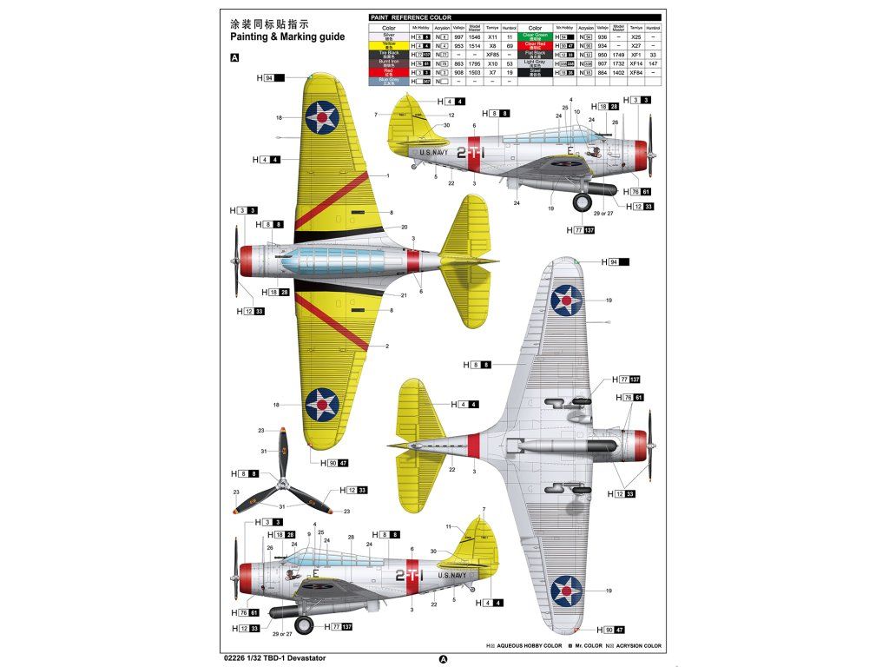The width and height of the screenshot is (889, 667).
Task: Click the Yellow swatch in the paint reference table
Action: tap(389, 45)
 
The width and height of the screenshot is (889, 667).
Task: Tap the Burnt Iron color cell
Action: tap(389, 63)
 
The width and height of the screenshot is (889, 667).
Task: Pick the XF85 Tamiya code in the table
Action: tap(491, 55)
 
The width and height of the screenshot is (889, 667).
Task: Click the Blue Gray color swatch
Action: tap(389, 82)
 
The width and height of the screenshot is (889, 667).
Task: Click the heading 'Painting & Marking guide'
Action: tap(287, 37)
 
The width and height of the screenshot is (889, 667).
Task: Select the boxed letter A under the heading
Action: tap(234, 58)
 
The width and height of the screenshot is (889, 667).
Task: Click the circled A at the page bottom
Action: tap(444, 658)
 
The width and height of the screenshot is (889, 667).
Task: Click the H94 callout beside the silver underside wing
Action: tap(614, 261)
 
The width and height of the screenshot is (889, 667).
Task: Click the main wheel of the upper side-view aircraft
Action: tap(581, 202)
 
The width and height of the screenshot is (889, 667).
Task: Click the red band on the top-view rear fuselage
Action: tap(413, 261)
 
